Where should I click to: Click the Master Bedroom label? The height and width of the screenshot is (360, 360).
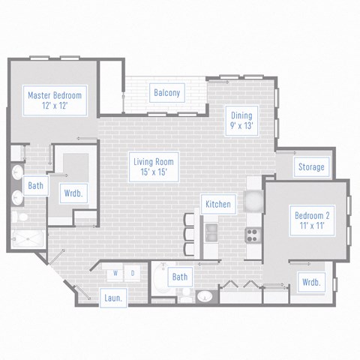tap(54, 100)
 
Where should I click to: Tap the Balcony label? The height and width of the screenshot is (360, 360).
tap(166, 94)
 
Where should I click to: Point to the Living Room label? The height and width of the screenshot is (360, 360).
tap(154, 166)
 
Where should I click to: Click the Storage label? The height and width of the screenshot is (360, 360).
tap(310, 166)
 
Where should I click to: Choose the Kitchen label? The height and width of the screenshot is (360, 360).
tap(218, 204)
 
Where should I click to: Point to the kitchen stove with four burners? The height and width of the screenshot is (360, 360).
tap(251, 233)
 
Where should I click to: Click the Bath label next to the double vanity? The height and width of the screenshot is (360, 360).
tap(34, 185)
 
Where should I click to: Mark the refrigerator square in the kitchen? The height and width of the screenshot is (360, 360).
tap(253, 199)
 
